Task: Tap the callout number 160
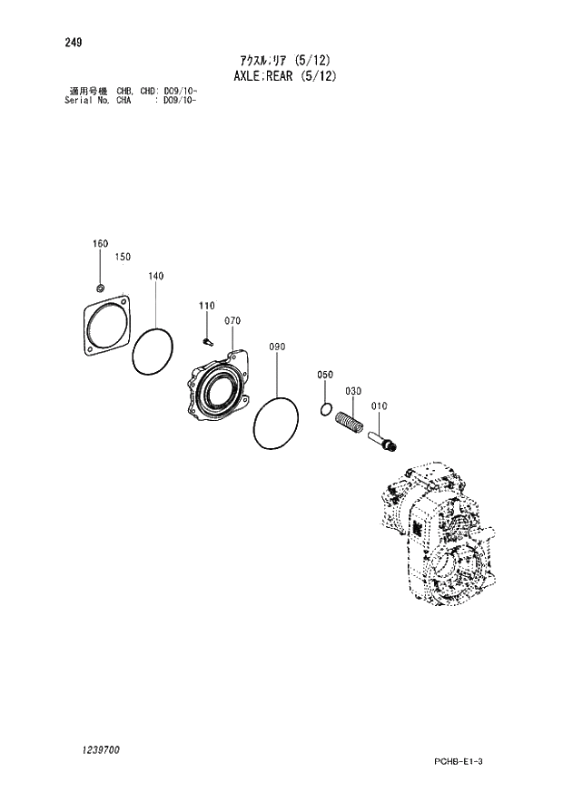tap(100, 243)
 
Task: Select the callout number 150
tap(123, 257)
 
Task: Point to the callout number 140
tap(155, 276)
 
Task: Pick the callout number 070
tap(232, 321)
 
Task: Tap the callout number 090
tap(277, 347)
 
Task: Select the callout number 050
tap(325, 375)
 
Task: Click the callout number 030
tap(353, 391)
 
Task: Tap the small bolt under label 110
tap(206, 342)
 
